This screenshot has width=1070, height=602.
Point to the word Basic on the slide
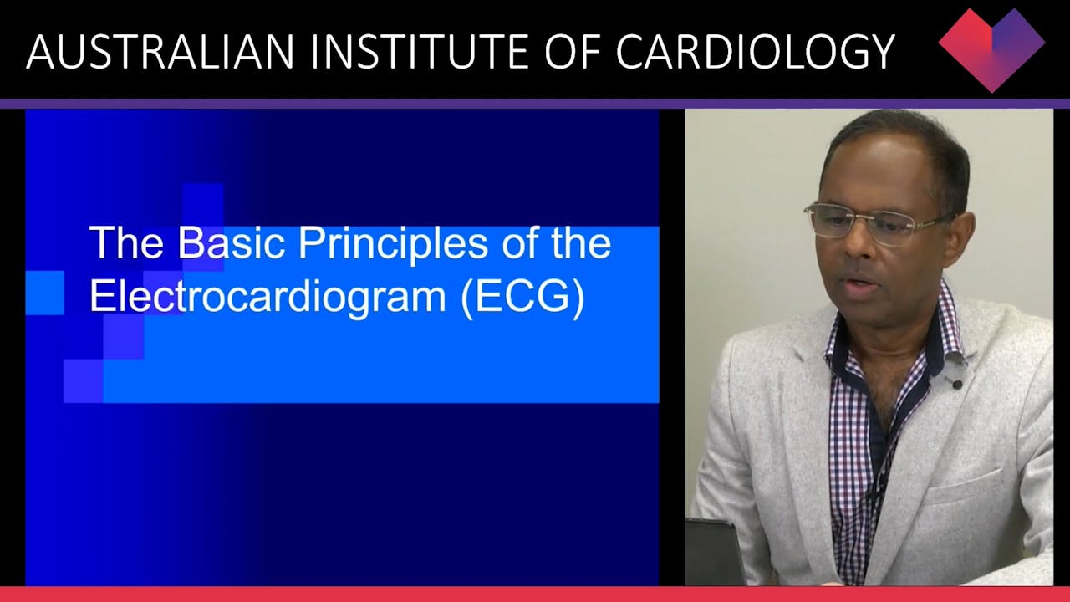point(232,243)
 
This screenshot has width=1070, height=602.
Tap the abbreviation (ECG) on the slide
point(522,298)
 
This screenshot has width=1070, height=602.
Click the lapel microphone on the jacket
point(955,373)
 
